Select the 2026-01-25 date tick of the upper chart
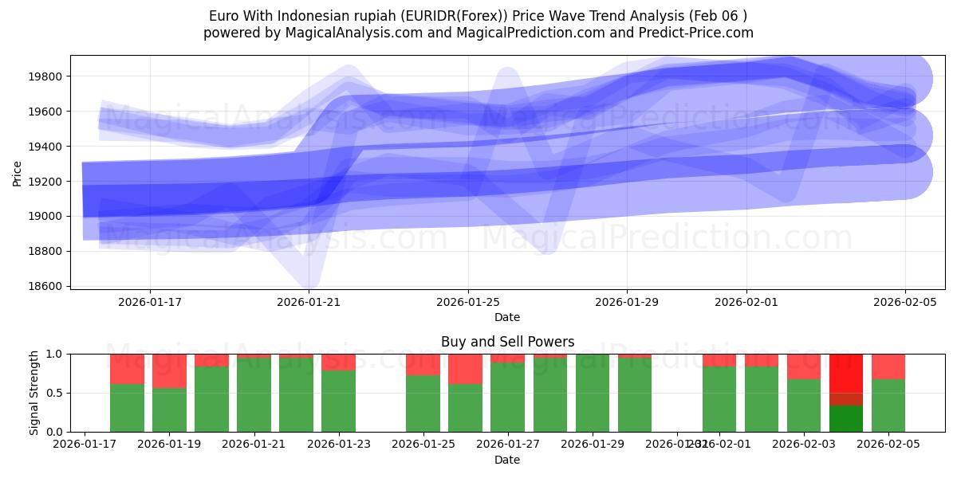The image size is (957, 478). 468,302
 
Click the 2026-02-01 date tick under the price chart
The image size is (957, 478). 746,302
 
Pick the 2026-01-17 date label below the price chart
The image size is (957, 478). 150,302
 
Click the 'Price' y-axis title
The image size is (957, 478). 18,172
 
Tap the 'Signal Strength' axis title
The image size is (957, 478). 33,393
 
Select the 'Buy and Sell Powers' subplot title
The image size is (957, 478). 507,342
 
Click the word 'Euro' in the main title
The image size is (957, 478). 223,16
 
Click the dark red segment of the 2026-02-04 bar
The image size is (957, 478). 846,399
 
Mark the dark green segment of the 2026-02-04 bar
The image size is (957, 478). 846,419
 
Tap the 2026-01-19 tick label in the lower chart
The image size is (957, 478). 169,444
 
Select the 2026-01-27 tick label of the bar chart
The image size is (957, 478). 507,444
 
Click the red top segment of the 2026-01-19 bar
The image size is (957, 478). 169,370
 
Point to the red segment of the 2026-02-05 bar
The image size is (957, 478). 888,366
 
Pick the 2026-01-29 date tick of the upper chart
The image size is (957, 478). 627,302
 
